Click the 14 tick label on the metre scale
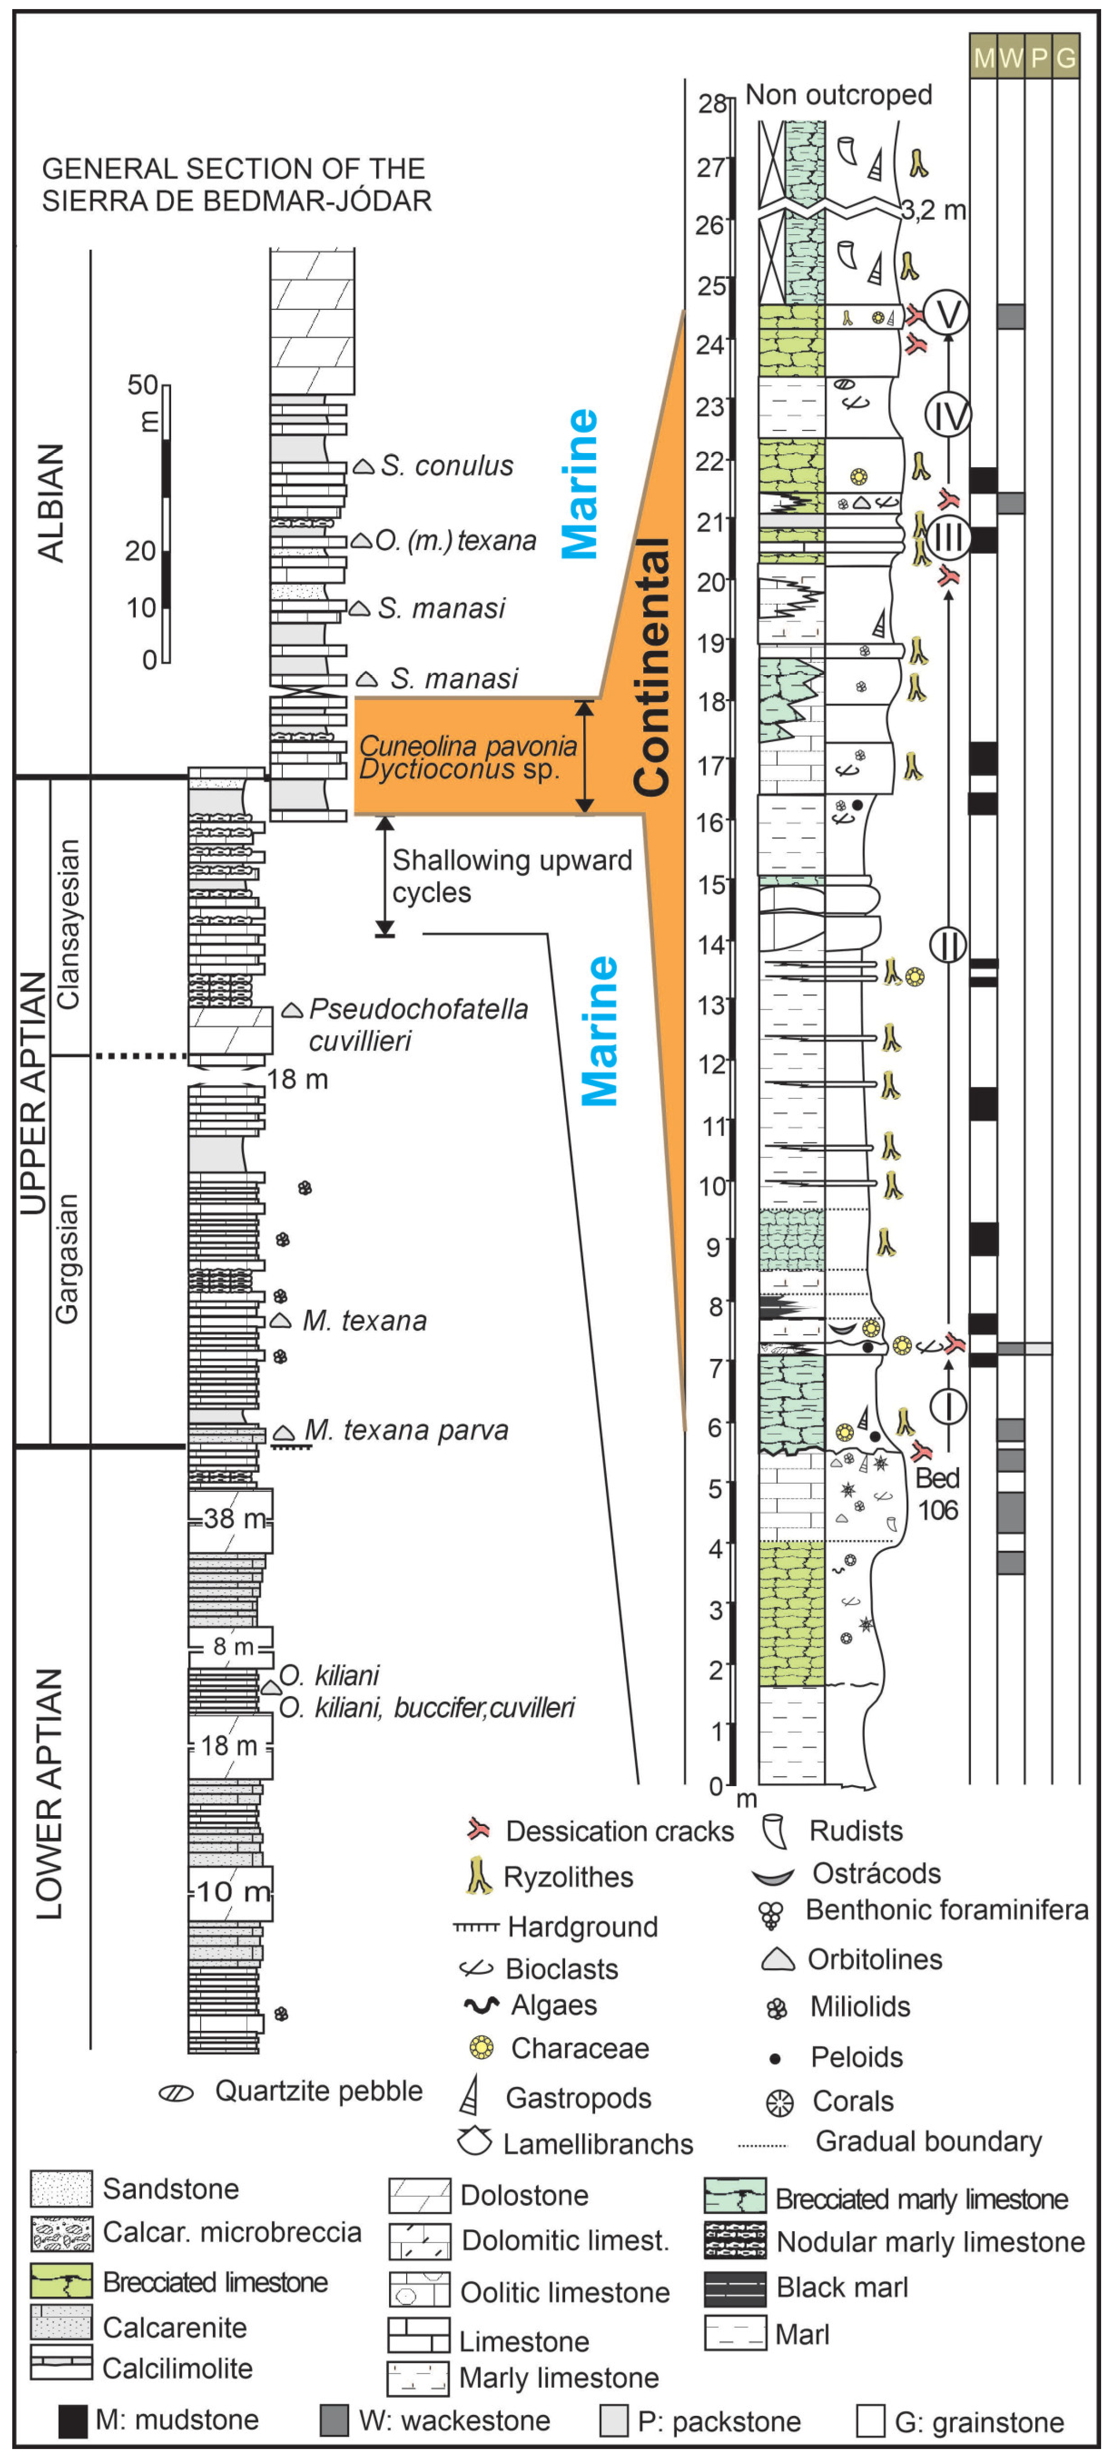click(x=712, y=945)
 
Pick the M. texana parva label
click(x=406, y=1430)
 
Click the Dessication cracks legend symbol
click(x=478, y=1829)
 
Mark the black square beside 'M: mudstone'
click(x=74, y=2420)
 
